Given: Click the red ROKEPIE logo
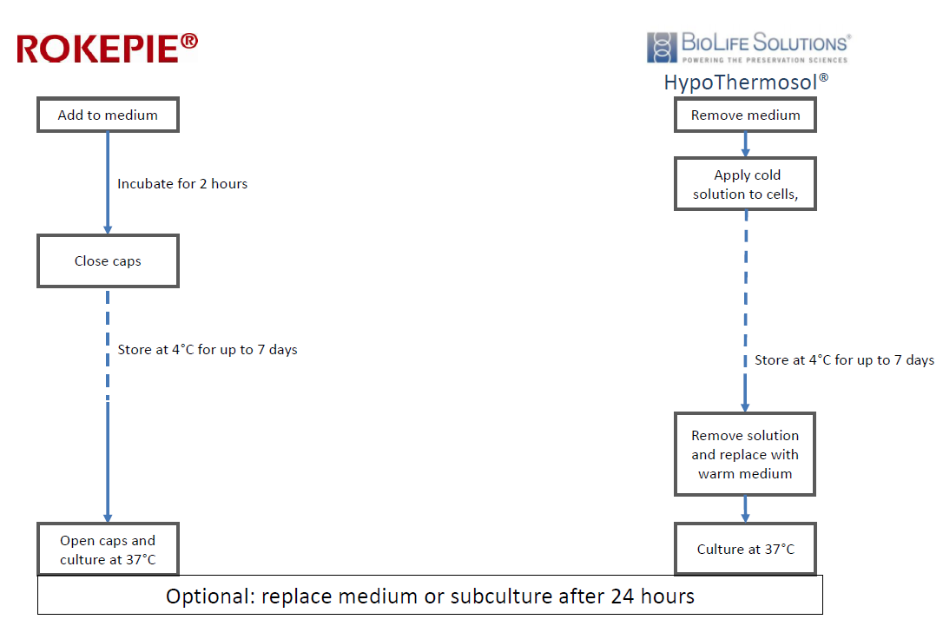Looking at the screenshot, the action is coord(107,48).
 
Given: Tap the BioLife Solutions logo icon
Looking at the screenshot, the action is coord(662,48).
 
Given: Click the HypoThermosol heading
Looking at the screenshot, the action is coord(746,82).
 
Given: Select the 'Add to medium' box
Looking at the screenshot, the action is coord(109,115).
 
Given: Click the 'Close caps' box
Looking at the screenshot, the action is coord(109,261).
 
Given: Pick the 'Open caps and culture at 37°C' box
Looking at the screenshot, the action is coord(109,550).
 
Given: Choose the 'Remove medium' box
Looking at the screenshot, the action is coord(745,115).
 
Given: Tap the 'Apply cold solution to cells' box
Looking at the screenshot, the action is coord(745,184).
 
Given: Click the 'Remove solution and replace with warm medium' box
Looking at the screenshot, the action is coord(745,454).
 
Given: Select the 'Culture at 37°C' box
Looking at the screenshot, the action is coord(745,549).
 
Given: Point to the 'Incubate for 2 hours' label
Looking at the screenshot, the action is coord(182,183).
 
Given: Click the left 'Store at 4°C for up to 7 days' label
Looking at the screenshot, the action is coord(208,349).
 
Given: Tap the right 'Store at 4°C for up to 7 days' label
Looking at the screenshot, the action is coord(844,359).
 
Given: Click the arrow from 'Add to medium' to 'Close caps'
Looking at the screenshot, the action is coord(108,183).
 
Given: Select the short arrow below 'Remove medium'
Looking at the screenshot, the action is coord(745,144).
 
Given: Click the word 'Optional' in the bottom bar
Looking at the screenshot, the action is coord(211,596).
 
